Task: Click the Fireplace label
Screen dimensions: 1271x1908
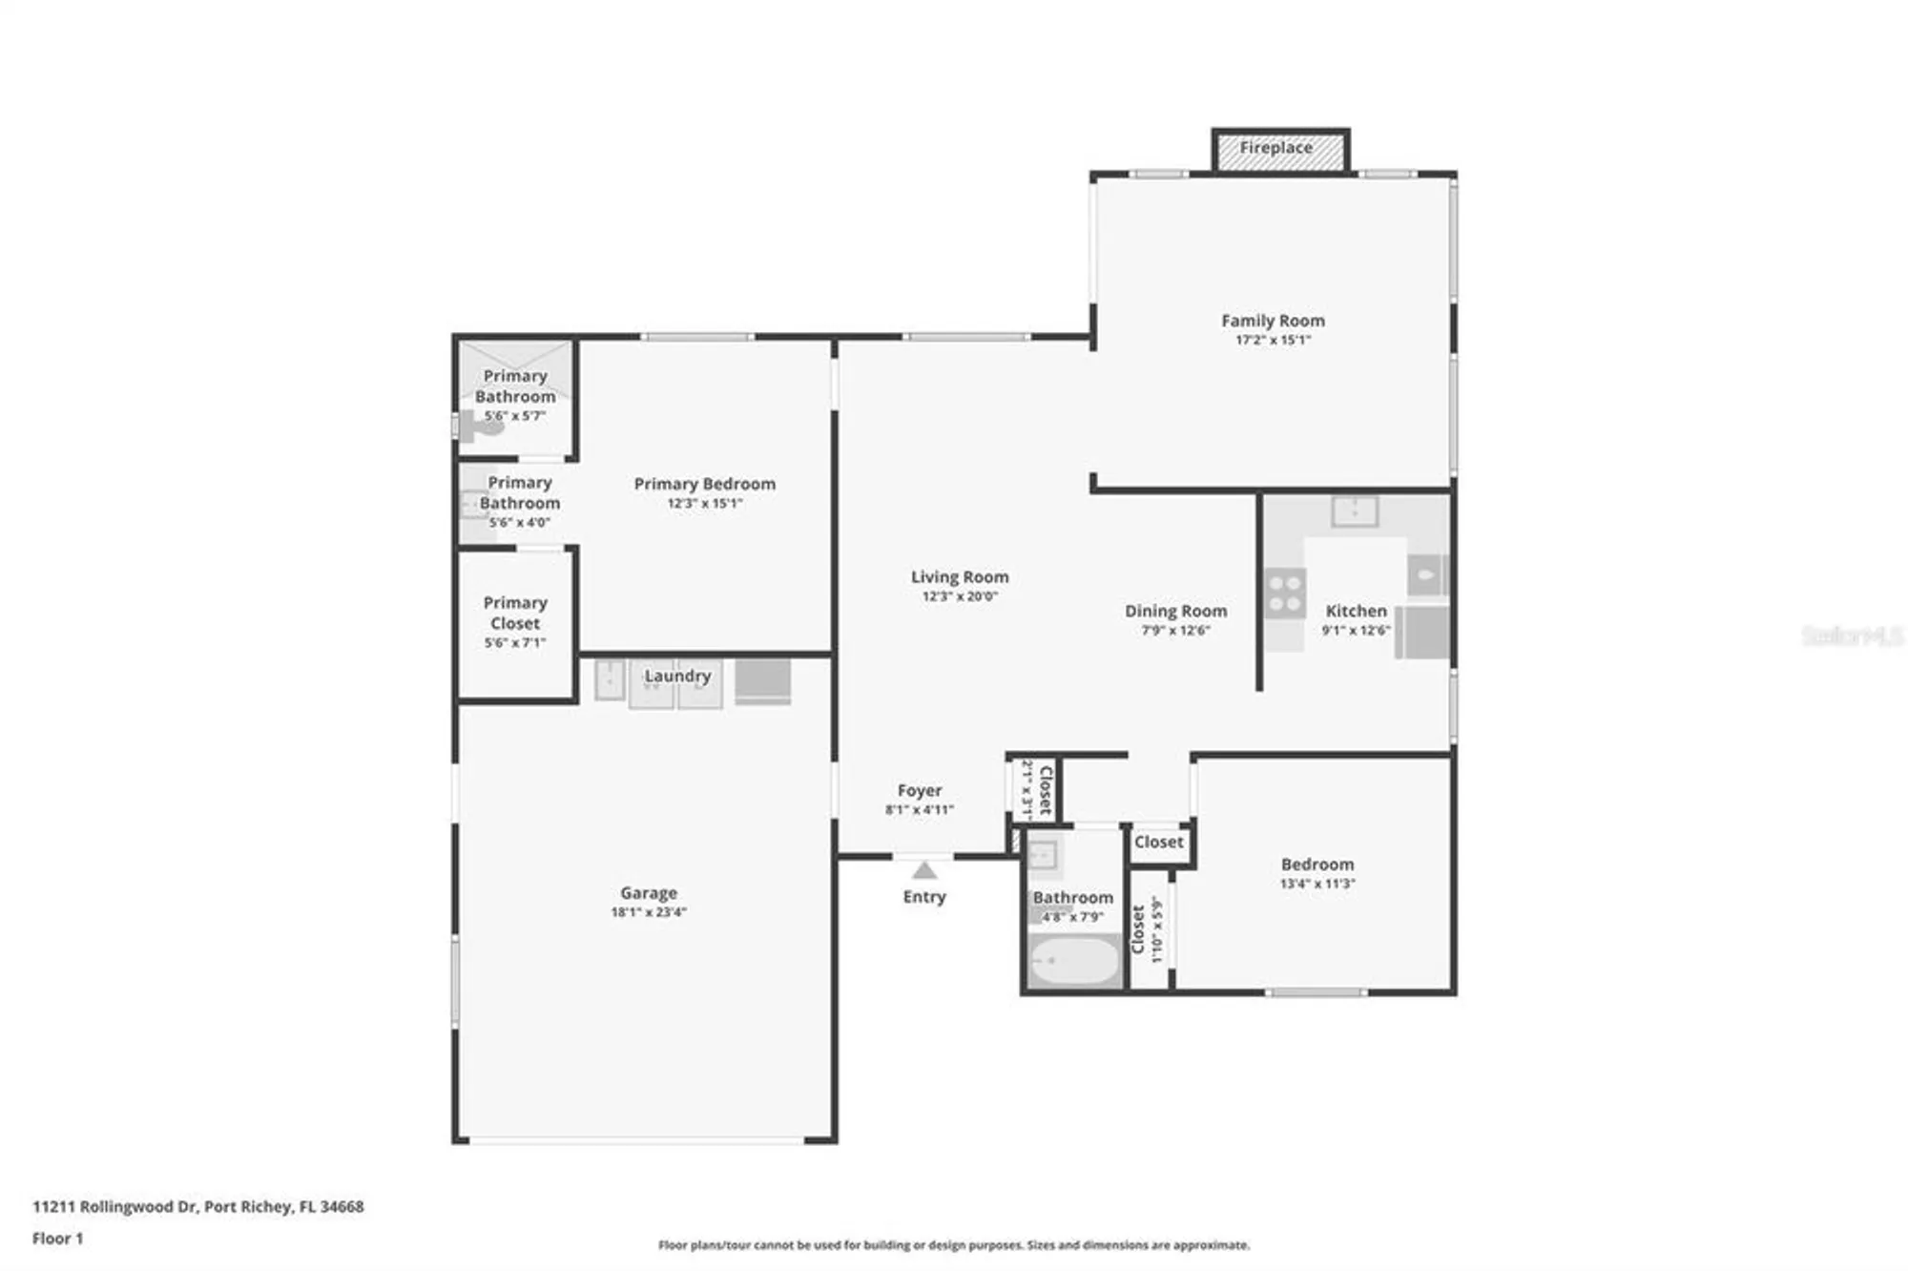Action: pyautogui.click(x=1275, y=148)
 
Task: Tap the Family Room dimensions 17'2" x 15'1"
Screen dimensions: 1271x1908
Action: pyautogui.click(x=1273, y=340)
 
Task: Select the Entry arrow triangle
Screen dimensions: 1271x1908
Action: pyautogui.click(x=923, y=870)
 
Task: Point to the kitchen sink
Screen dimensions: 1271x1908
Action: pyautogui.click(x=1355, y=510)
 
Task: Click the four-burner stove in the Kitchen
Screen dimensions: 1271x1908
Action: pyautogui.click(x=1284, y=593)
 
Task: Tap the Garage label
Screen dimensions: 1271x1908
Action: pyautogui.click(x=649, y=893)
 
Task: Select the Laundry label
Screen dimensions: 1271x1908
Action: pyautogui.click(x=677, y=676)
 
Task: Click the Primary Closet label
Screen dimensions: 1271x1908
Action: pyautogui.click(x=515, y=613)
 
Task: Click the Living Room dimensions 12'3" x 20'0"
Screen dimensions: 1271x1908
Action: pyautogui.click(x=960, y=596)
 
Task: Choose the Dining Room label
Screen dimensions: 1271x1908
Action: pyautogui.click(x=1175, y=611)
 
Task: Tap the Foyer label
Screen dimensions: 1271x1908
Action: pyautogui.click(x=920, y=790)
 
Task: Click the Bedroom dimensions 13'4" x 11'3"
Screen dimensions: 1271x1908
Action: pyautogui.click(x=1317, y=884)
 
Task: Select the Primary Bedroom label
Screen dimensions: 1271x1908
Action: pyautogui.click(x=704, y=484)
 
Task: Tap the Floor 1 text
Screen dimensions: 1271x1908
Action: pyautogui.click(x=57, y=1239)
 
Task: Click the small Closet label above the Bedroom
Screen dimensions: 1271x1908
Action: pyautogui.click(x=1158, y=842)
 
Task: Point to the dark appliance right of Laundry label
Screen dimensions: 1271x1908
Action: pyautogui.click(x=762, y=680)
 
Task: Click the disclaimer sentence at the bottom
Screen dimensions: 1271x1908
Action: pyautogui.click(x=953, y=1245)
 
